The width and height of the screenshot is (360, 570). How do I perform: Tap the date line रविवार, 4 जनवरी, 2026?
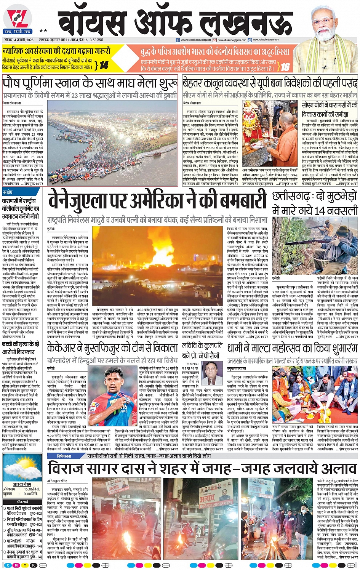pyautogui.click(x=18, y=40)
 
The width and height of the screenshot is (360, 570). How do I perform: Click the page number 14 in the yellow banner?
pyautogui.click(x=104, y=65)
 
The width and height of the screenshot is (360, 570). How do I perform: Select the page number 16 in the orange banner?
pyautogui.click(x=285, y=67)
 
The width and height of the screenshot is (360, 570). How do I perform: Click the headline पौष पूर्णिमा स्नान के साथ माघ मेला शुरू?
pyautogui.click(x=90, y=83)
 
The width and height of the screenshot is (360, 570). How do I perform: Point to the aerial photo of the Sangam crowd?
pyautogui.click(x=112, y=143)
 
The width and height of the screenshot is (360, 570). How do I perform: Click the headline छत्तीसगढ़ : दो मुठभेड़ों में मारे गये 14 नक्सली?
pyautogui.click(x=315, y=204)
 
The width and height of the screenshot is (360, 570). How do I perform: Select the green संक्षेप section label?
pyautogui.click(x=8, y=192)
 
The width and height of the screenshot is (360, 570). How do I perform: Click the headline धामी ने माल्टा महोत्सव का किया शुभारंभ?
pyautogui.click(x=292, y=348)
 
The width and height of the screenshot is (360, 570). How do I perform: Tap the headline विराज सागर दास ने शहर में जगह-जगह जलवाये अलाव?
pyautogui.click(x=202, y=468)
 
